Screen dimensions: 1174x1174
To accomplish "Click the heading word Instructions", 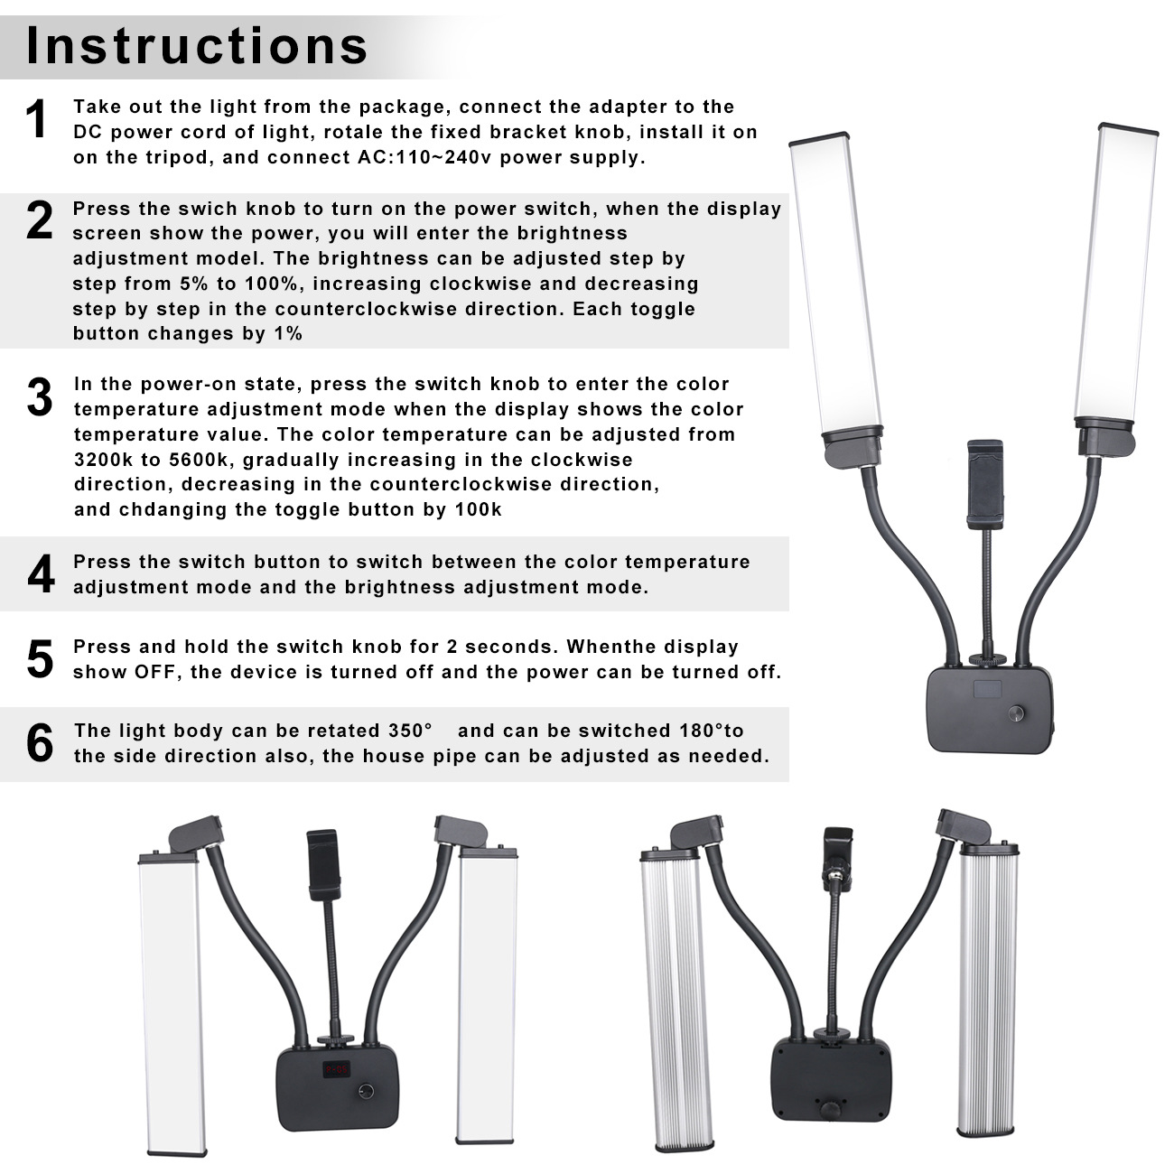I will [x=197, y=45].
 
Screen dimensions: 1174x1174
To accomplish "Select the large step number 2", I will [x=39, y=221].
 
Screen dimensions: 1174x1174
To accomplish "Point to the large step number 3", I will [x=39, y=397].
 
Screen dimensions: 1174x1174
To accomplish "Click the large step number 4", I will [x=40, y=574].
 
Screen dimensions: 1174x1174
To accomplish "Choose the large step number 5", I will [x=40, y=659].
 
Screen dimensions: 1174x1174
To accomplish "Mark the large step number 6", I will [x=40, y=743].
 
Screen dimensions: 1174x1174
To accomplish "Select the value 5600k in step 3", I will [x=198, y=459].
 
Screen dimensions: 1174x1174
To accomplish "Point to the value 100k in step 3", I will [x=478, y=509].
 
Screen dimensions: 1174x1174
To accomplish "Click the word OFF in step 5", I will [x=154, y=672].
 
